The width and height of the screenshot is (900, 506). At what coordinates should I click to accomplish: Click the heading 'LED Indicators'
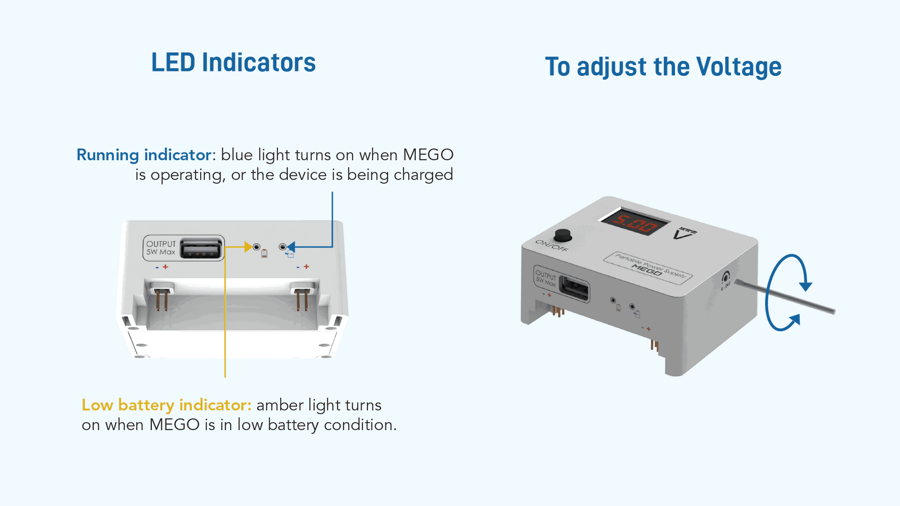(x=233, y=62)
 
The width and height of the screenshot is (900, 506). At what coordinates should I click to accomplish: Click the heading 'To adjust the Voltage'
(x=663, y=67)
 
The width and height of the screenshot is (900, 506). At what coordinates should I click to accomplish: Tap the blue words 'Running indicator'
(x=144, y=155)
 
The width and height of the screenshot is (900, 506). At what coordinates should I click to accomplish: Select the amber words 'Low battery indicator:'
(x=166, y=405)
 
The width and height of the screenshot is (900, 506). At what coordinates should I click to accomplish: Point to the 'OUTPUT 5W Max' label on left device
(x=161, y=248)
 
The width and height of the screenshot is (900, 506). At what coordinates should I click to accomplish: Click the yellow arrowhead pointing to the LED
(x=247, y=246)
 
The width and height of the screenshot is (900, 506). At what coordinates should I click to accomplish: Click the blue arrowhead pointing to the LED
(x=291, y=246)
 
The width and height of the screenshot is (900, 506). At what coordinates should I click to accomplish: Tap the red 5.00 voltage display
(x=634, y=223)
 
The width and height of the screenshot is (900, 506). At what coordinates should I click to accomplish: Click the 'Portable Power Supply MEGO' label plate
(x=648, y=268)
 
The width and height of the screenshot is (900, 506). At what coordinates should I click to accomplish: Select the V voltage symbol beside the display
(x=684, y=233)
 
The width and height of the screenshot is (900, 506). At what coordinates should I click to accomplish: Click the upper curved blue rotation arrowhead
(x=806, y=286)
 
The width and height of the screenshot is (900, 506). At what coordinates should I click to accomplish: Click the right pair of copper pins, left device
(x=302, y=299)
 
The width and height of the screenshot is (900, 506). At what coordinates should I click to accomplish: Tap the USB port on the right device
(x=574, y=290)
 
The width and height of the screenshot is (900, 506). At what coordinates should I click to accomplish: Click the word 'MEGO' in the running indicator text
(x=428, y=155)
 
